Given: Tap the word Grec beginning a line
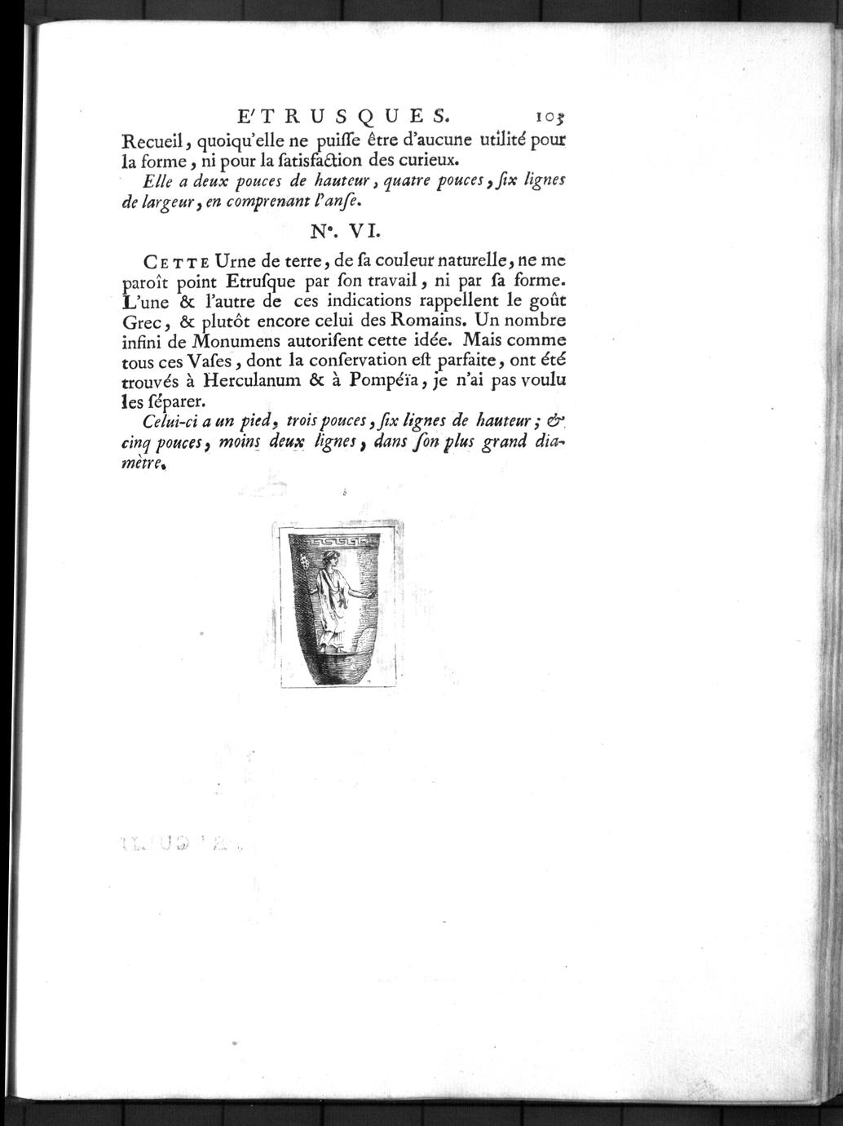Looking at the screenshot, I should (x=139, y=321).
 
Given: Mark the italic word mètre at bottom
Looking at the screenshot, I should (x=140, y=462).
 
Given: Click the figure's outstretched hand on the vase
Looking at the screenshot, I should (x=372, y=596).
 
